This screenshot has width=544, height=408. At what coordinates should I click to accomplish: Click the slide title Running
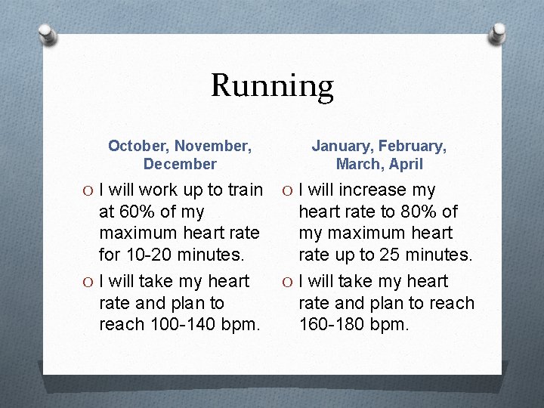tap(272, 85)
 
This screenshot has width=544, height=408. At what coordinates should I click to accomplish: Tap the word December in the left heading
tap(180, 164)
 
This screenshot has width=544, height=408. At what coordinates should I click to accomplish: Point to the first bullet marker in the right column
tap(289, 190)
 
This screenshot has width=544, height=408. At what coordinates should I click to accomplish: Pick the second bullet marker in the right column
tap(289, 282)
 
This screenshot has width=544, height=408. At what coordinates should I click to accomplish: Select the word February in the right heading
tap(413, 146)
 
